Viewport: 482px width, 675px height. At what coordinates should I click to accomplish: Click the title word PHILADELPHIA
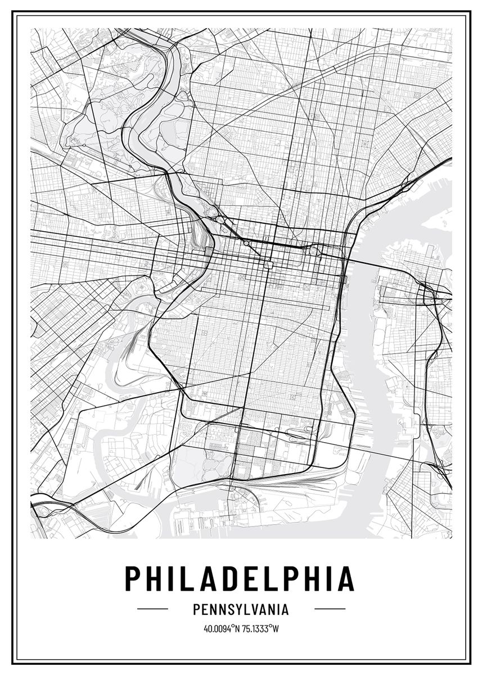240,578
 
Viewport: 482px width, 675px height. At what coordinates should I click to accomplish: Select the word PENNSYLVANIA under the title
240,609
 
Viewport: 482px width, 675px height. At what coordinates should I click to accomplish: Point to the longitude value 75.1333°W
260,628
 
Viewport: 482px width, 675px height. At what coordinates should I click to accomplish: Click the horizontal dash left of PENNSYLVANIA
152,609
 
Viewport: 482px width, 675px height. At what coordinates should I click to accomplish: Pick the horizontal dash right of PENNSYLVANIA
330,609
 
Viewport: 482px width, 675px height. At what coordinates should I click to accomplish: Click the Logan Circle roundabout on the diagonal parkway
246,243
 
